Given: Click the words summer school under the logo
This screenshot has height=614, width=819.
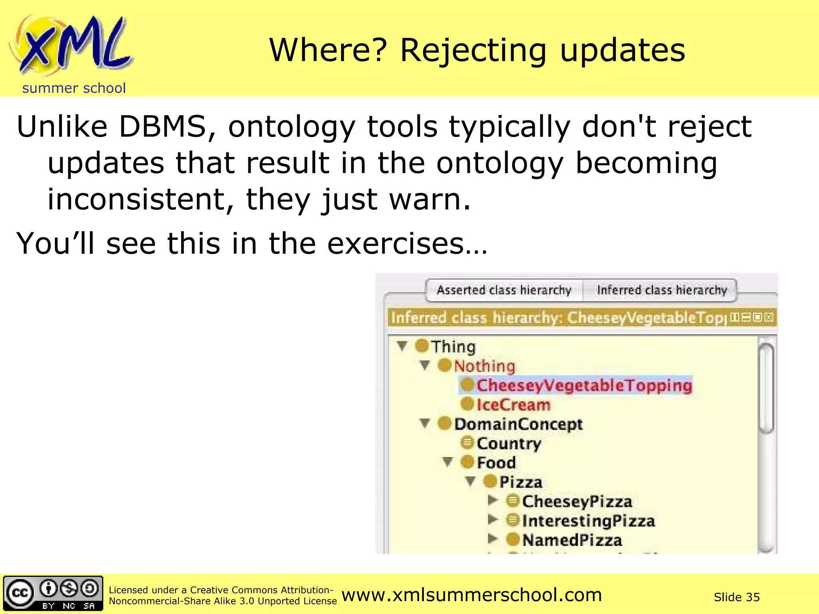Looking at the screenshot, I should point(74,88).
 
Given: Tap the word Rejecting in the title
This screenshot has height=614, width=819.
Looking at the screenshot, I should point(473,51).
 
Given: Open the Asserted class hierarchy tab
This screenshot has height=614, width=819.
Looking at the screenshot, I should point(504,290).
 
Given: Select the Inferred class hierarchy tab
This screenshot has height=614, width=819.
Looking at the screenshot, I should point(661,290).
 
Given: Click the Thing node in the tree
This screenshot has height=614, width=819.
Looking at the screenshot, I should point(453,347).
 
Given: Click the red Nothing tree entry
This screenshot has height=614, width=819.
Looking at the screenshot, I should point(484,366).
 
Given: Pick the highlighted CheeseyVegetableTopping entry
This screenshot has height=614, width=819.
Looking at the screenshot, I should point(584,385).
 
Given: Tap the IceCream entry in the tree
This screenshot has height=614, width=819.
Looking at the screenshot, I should point(513,405).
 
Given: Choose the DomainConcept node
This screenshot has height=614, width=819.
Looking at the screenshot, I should point(518,424).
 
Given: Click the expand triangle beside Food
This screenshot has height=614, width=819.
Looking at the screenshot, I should point(447,462).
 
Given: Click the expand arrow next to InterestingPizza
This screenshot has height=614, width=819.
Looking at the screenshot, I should point(493,520).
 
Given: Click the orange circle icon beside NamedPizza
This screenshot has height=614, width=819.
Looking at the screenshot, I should point(513,540).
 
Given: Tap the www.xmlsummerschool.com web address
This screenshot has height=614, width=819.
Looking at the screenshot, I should point(471,595).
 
